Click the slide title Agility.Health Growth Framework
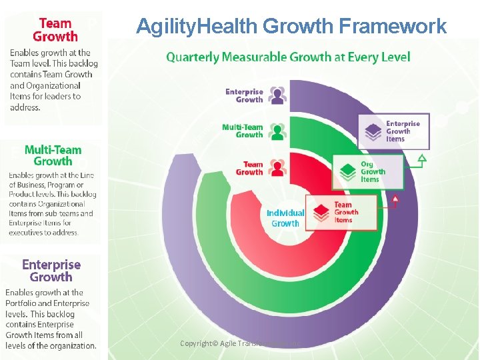(x=291, y=26)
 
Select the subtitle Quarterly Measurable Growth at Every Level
(x=288, y=57)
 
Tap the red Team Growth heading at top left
(x=55, y=30)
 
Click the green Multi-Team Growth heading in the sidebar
(x=53, y=155)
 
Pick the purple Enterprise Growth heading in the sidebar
(x=51, y=271)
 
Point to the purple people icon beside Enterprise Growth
(x=277, y=95)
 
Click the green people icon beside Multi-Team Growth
(x=277, y=131)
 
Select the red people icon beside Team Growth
(x=277, y=167)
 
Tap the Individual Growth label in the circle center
(x=285, y=218)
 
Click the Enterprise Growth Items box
(x=394, y=131)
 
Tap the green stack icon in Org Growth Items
(x=348, y=171)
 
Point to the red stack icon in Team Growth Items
(x=322, y=213)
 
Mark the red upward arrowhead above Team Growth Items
(x=395, y=198)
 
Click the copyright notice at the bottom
(x=241, y=343)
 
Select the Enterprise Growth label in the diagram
(x=244, y=95)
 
